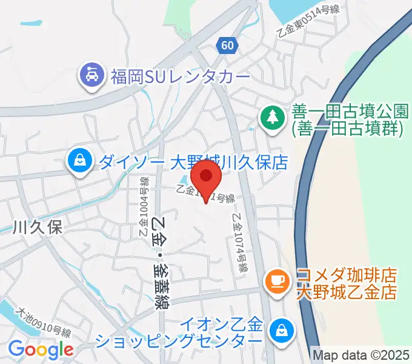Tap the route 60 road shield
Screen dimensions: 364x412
227,45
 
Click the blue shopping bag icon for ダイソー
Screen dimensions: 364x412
79,161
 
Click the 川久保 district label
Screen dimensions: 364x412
38,227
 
